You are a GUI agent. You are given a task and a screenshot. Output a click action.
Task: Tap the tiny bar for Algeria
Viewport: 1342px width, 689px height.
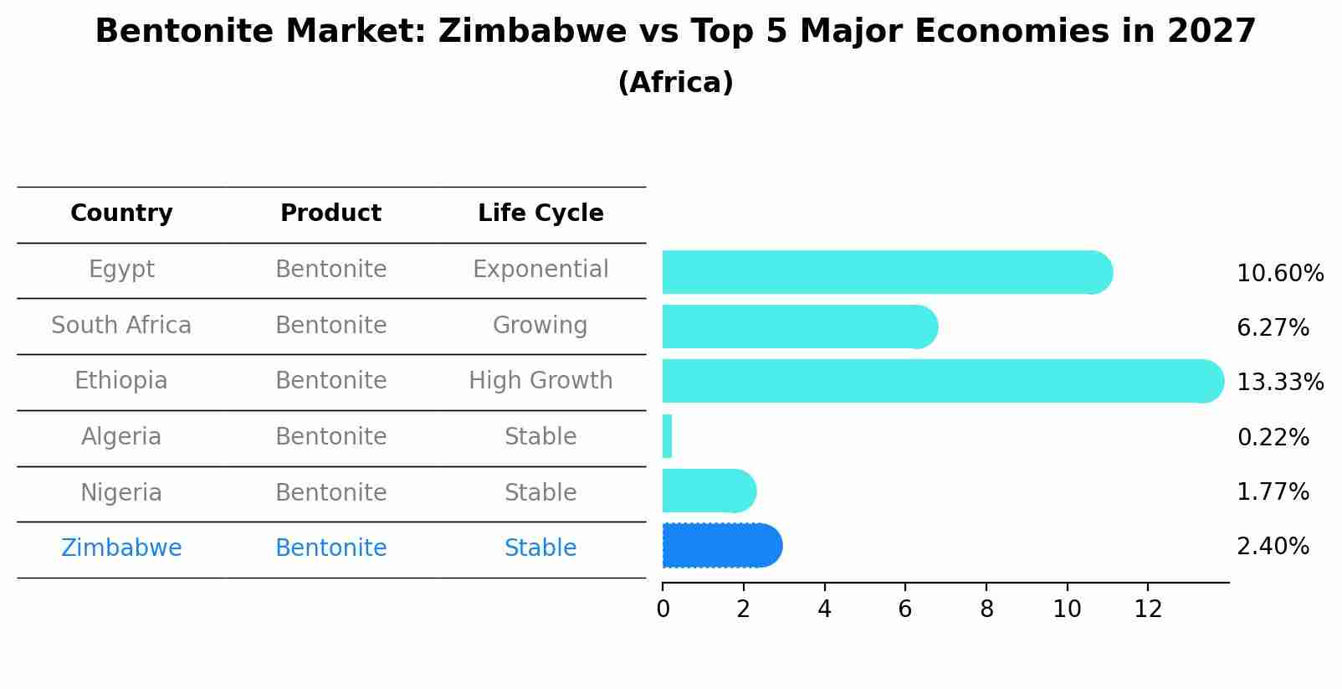[667, 436]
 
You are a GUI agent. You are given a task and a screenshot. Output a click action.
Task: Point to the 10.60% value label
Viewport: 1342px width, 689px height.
[1279, 274]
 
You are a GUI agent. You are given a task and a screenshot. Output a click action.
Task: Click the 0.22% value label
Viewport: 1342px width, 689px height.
[1273, 437]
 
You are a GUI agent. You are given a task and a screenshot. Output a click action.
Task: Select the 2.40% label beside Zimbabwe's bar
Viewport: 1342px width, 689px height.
[1273, 547]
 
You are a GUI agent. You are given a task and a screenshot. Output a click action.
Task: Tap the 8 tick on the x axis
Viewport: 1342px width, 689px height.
[986, 609]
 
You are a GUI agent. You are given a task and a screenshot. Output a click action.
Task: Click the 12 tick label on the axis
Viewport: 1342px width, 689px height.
[1148, 609]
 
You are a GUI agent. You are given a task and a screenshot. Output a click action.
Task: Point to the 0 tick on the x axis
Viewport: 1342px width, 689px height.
[663, 609]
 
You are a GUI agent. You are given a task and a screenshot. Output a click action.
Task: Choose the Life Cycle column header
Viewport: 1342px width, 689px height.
[540, 213]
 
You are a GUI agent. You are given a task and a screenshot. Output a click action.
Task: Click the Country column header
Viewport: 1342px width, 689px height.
[121, 213]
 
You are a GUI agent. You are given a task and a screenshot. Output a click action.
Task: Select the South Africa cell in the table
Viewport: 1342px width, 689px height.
[121, 325]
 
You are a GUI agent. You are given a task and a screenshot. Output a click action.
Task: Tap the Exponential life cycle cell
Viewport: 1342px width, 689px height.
[540, 270]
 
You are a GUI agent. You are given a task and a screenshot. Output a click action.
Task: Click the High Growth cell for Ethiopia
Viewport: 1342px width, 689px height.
[540, 381]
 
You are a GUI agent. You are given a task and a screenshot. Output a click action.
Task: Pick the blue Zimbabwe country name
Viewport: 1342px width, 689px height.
[121, 548]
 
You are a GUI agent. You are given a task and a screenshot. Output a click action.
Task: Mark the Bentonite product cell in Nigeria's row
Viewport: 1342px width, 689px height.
[330, 492]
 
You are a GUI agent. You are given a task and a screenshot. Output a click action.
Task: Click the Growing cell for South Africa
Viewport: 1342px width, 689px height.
[540, 325]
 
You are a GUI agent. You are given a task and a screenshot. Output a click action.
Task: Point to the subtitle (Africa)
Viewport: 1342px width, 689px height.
[675, 83]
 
